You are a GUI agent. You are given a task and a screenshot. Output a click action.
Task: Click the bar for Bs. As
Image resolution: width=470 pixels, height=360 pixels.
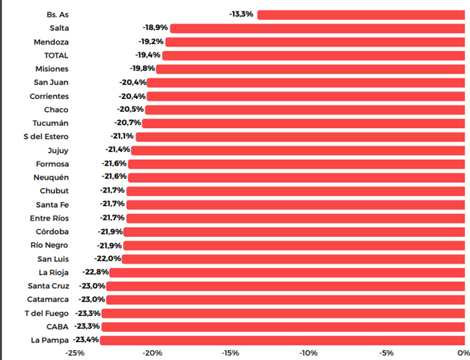pos(360,15)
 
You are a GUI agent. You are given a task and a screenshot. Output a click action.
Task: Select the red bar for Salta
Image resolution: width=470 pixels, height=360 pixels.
pos(317,28)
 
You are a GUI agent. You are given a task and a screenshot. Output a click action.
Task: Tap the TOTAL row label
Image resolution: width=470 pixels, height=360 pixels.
pos(56,55)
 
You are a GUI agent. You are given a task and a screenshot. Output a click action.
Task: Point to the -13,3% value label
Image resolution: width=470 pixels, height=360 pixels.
pos(242,14)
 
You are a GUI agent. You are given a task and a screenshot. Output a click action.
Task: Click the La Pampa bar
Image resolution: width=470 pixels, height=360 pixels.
pos(282,340)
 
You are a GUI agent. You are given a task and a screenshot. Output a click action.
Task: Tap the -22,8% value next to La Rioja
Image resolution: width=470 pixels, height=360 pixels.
pos(95,272)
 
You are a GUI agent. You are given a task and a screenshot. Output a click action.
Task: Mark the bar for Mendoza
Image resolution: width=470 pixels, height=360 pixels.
pos(315,42)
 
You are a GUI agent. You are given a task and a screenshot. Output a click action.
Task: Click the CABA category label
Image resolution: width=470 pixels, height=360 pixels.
pos(57,327)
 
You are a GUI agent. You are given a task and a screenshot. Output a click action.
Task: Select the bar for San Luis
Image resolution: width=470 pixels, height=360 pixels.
pos(293,259)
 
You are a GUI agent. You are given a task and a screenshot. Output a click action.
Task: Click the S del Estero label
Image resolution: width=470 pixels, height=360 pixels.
pos(46,137)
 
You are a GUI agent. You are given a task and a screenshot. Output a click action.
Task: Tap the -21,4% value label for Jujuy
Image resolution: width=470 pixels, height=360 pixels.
pos(117,150)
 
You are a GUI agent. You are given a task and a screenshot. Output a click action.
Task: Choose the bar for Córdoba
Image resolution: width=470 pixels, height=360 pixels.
pos(294,232)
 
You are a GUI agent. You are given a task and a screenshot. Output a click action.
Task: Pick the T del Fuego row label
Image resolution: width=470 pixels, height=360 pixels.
pos(47,313)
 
